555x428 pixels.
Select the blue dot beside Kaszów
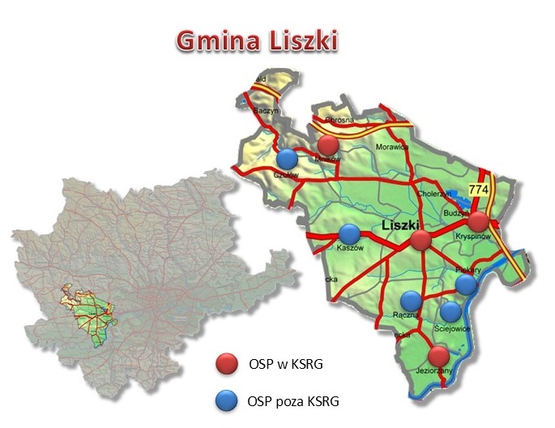tap(349, 233)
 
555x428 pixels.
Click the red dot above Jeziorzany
tap(438, 356)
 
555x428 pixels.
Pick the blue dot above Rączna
tap(412, 301)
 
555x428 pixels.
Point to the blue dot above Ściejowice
tap(450, 311)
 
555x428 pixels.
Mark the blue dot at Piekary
tap(466, 284)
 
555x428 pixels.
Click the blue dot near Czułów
tap(288, 158)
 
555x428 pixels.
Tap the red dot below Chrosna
tap(328, 145)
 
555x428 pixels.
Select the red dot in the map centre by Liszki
tap(420, 240)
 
